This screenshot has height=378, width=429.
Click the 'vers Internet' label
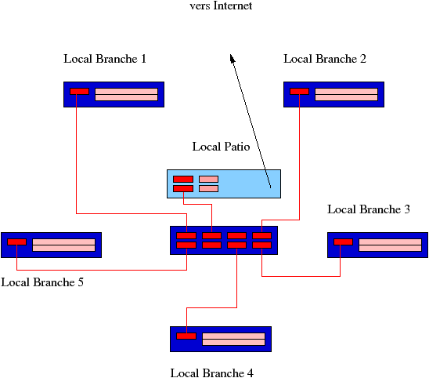tap(221, 5)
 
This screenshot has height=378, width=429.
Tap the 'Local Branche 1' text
tap(105, 59)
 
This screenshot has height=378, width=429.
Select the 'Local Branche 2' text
tap(325, 59)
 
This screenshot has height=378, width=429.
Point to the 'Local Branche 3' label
tap(369, 209)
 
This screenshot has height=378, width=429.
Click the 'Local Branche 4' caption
tap(212, 373)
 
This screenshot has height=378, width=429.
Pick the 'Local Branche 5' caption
tap(42, 282)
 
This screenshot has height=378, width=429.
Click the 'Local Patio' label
tap(221, 147)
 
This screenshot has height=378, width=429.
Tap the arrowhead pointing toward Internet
tap(232, 58)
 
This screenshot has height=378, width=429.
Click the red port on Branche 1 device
tap(79, 91)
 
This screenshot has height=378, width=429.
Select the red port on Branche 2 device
tap(299, 91)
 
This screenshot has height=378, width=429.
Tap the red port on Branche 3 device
tap(343, 242)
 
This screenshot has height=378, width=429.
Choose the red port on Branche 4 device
tap(186, 336)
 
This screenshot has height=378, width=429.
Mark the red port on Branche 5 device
tap(16, 242)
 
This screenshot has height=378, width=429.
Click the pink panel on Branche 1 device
tap(126, 94)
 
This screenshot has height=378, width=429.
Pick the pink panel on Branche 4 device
tap(233, 339)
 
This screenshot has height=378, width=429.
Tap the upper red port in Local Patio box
tap(183, 180)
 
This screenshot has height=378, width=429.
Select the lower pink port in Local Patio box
tap(208, 188)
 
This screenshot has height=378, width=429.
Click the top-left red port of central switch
tap(186, 236)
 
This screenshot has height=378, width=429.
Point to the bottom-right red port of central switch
tap(261, 245)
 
